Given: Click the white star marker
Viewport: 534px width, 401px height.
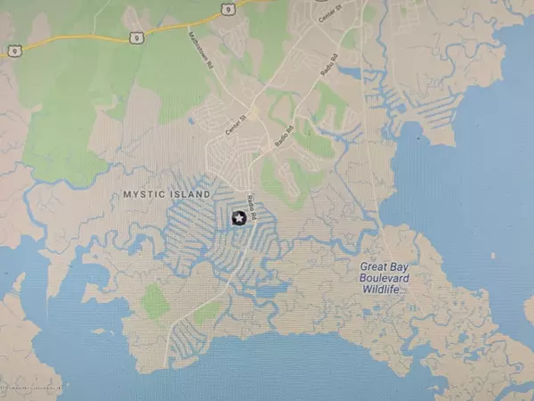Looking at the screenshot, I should (x=239, y=217).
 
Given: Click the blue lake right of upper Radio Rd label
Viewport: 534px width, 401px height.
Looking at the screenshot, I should (x=350, y=73).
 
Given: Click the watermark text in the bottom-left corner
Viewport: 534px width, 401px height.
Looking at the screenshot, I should (x=32, y=389).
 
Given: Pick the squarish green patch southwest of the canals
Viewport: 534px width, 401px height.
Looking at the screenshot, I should (x=155, y=302).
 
